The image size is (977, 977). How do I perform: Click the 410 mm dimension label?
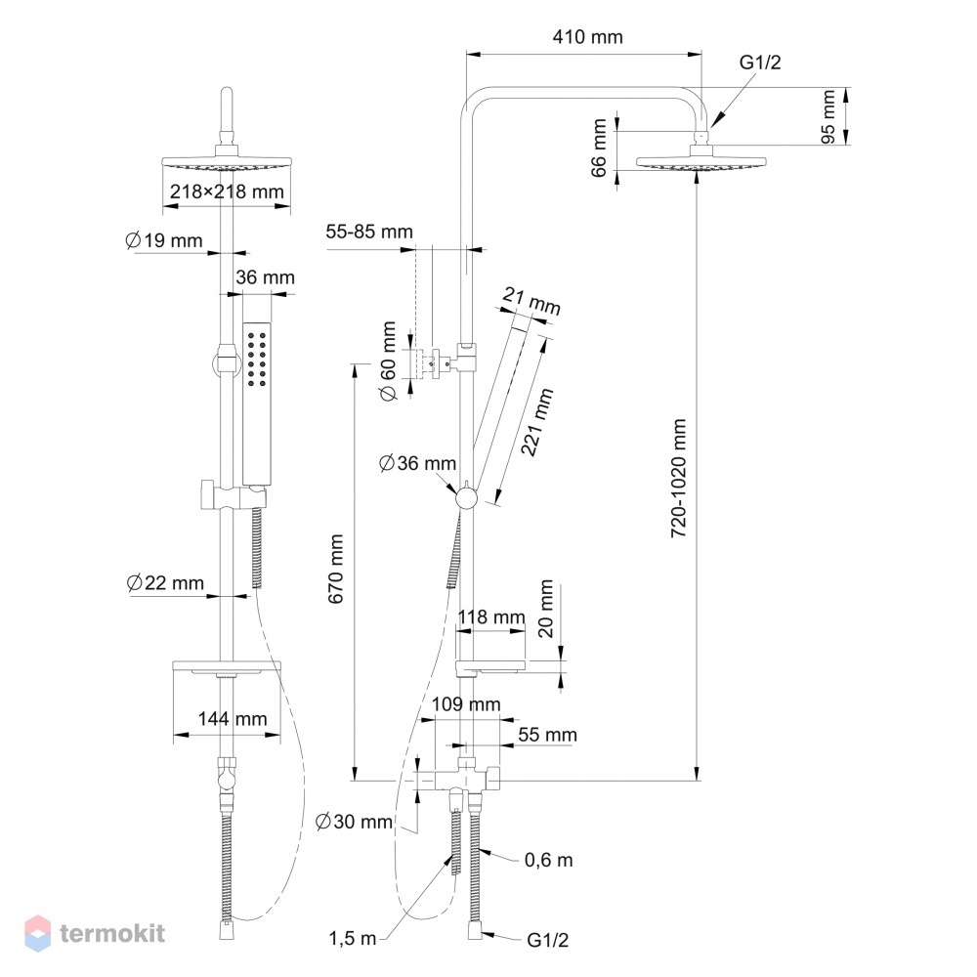click(587, 37)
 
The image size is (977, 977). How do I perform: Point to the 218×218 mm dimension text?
click(227, 191)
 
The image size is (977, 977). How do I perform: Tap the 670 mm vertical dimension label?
click(336, 569)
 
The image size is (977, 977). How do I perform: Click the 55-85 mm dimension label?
click(369, 232)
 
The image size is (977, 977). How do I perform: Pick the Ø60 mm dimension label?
click(388, 361)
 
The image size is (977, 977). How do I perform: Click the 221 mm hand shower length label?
click(536, 422)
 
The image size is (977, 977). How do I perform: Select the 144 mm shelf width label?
click(233, 719)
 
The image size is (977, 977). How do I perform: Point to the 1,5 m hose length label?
click(353, 938)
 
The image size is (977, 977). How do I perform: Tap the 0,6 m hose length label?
click(548, 860)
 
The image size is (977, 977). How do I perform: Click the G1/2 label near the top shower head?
click(760, 63)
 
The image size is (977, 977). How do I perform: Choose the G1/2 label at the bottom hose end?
click(548, 940)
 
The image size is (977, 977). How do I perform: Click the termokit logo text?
click(112, 933)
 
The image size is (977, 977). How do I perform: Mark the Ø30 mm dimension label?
click(354, 822)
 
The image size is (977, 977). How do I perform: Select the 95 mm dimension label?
click(828, 116)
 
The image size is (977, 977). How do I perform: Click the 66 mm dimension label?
click(598, 149)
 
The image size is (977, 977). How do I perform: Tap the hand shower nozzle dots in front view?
click(257, 360)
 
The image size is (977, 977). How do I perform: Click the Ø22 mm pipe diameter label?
click(165, 583)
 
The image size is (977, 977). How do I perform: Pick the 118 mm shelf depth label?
click(491, 616)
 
